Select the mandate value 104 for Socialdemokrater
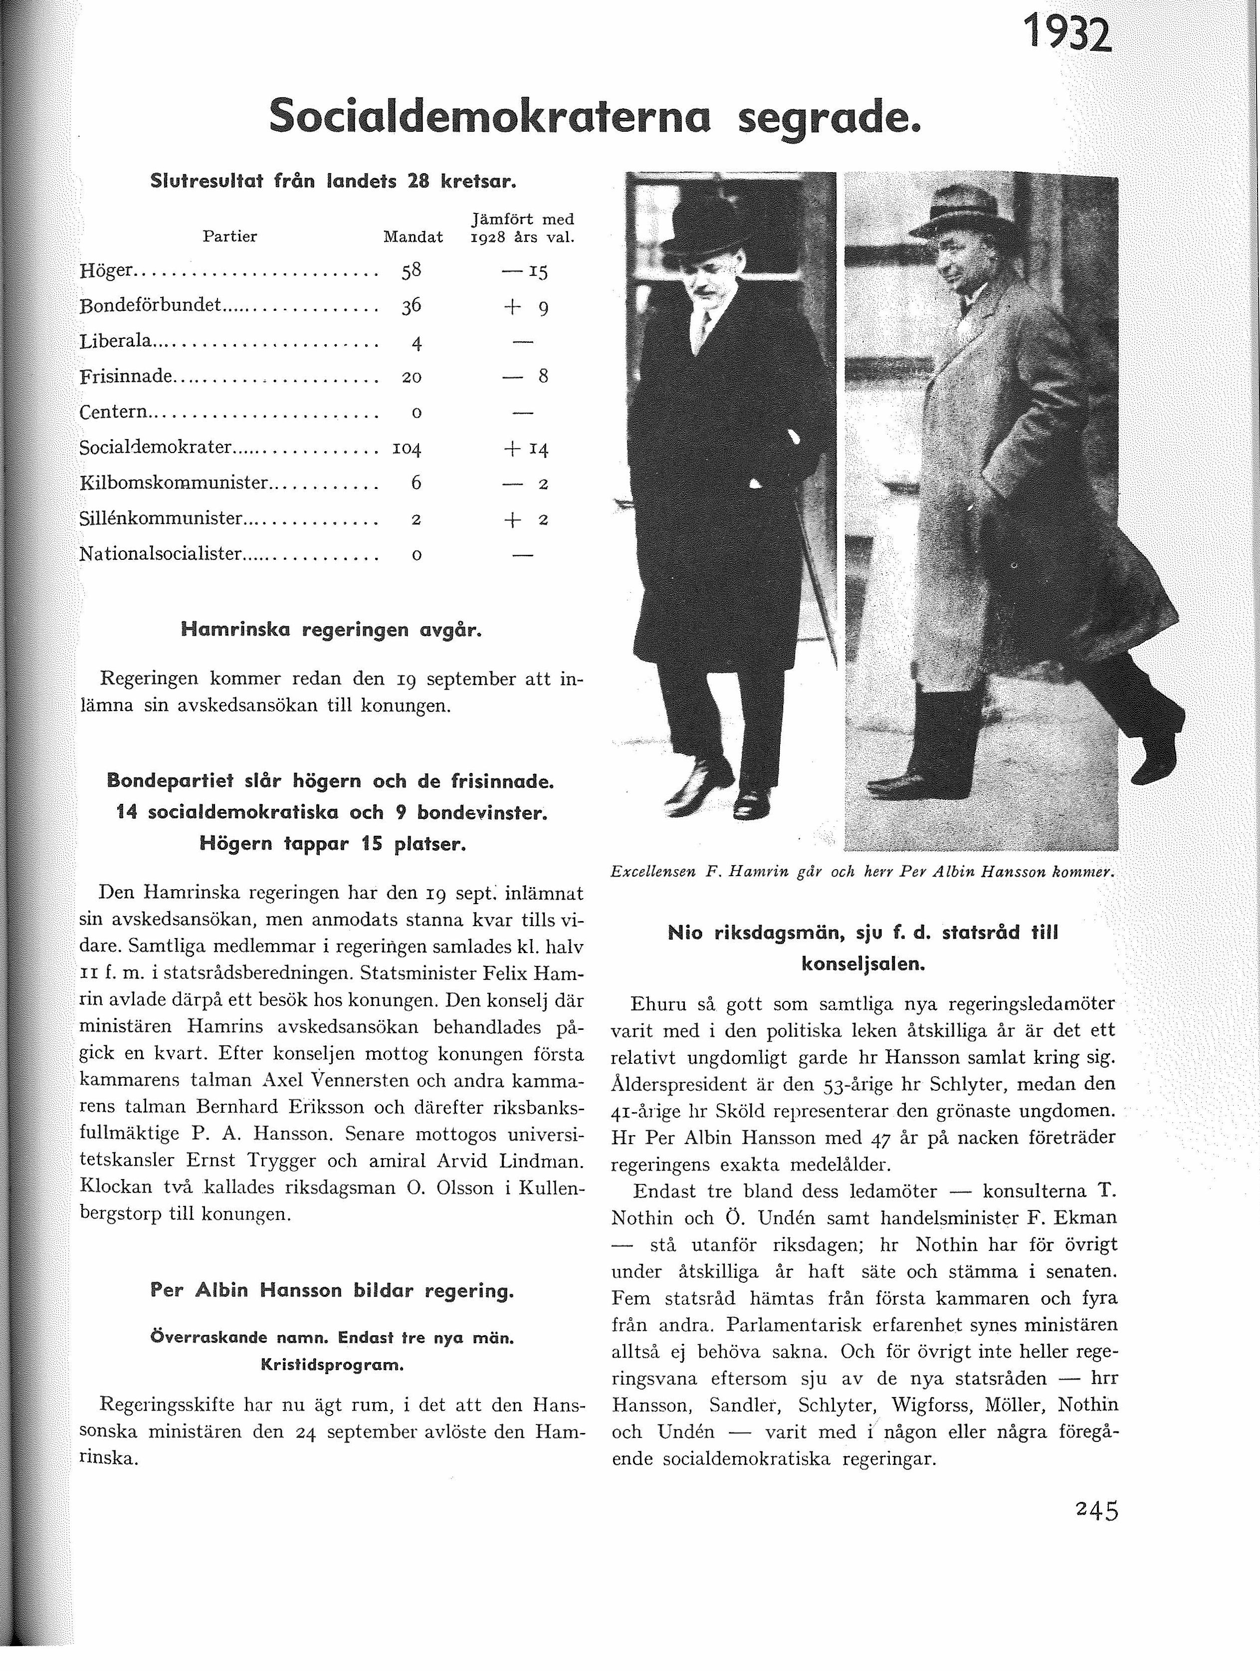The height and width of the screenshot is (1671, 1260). pos(407,448)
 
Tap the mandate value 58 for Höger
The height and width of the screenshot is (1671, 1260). pos(412,270)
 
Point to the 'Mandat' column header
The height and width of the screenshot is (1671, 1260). pos(413,237)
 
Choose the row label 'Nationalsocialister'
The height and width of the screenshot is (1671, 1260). pos(161,554)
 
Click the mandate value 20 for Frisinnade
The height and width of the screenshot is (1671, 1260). pos(412,377)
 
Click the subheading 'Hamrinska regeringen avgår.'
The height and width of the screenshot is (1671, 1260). pos(331,629)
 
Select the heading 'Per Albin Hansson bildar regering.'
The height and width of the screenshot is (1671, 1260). pos(332,1290)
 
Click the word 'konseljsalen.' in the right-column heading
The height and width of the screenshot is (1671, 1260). pos(863,964)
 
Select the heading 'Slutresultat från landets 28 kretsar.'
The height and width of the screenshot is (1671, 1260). pos(333,181)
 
